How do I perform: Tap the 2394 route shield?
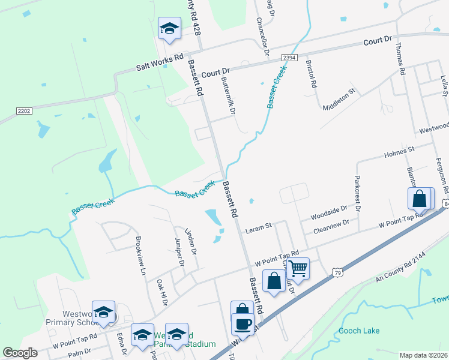[289, 57]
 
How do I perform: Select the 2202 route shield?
[23, 111]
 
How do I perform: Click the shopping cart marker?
[298, 268]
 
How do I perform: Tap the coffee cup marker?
[243, 325]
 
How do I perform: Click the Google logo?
[20, 353]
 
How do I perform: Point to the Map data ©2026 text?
[424, 355]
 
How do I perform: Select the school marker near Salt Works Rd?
[169, 29]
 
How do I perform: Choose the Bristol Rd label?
[311, 74]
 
